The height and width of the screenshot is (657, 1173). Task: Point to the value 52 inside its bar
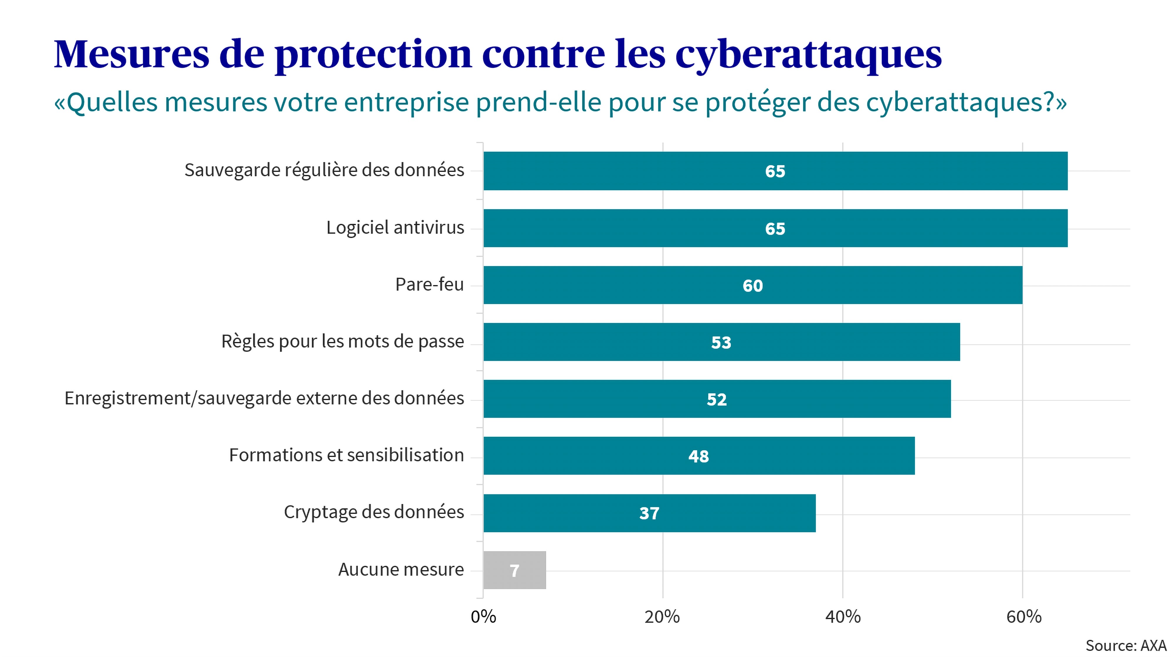point(716,399)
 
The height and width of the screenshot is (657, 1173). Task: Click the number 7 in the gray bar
point(515,570)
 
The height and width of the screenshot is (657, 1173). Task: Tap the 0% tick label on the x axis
point(483,617)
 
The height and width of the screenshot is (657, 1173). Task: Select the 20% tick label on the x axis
point(662,617)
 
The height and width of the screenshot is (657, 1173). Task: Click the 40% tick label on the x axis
point(843,617)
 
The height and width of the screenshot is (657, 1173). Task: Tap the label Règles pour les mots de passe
point(343,341)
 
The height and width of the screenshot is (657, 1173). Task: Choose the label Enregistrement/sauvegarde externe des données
point(264,398)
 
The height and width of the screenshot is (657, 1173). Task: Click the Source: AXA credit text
point(1126,646)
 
